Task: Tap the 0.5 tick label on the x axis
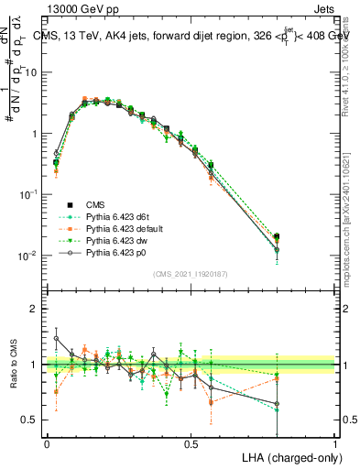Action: click(x=191, y=442)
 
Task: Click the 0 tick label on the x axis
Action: click(x=47, y=442)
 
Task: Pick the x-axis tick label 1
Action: click(x=334, y=442)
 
